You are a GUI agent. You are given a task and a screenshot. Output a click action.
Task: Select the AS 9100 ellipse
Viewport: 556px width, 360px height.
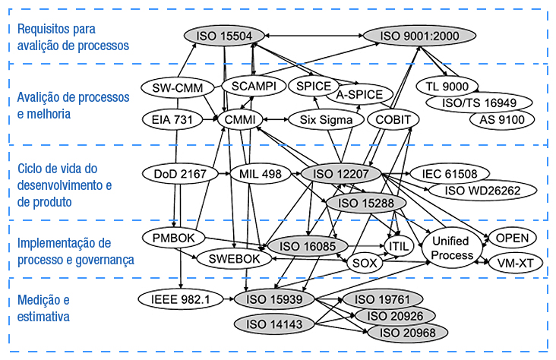pyautogui.click(x=501, y=120)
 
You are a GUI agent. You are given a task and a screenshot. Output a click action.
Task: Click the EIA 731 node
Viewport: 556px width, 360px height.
pyautogui.click(x=172, y=120)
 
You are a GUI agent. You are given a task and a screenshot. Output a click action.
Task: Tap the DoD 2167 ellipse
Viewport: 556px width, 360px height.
pyautogui.click(x=174, y=174)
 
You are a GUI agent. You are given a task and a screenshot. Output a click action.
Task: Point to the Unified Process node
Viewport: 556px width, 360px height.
pyautogui.click(x=450, y=248)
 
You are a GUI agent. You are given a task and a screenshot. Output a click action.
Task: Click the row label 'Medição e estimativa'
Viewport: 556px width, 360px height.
pyautogui.click(x=43, y=308)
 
